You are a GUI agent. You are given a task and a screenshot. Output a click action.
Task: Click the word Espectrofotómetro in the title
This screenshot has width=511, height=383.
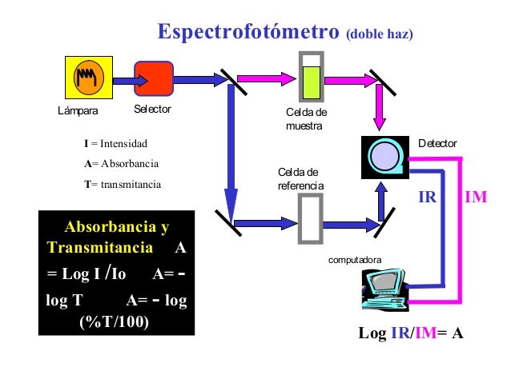click(x=248, y=34)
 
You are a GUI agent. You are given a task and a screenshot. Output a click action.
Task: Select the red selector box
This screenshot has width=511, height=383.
click(x=153, y=78)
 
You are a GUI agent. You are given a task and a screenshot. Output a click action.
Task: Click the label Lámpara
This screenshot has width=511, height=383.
click(x=78, y=110)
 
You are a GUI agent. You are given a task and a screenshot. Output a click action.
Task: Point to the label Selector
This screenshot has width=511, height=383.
click(x=152, y=108)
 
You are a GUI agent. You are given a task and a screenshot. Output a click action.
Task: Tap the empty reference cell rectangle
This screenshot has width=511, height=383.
click(x=308, y=217)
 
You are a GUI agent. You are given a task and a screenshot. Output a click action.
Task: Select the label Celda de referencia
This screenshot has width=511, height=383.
click(x=300, y=179)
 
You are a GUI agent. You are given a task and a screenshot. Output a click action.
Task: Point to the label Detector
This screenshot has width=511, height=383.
click(x=437, y=143)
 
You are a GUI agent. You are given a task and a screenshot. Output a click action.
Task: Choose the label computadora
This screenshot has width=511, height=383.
click(x=356, y=260)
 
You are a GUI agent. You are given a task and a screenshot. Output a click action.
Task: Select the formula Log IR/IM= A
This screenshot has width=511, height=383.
click(x=411, y=333)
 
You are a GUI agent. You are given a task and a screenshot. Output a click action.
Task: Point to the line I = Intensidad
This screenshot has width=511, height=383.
click(x=116, y=144)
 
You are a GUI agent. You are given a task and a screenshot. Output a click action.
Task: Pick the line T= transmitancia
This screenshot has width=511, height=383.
click(x=122, y=184)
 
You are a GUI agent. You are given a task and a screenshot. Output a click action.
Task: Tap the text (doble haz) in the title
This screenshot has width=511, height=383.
click(x=379, y=35)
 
